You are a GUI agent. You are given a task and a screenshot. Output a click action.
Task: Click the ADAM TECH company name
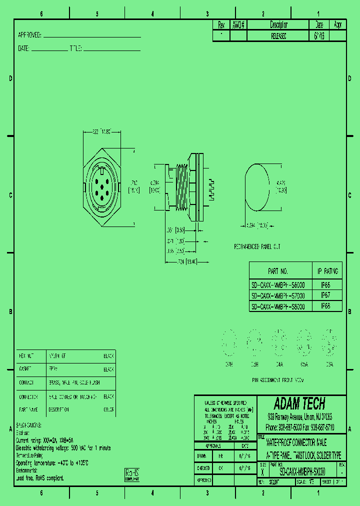tap(299, 403)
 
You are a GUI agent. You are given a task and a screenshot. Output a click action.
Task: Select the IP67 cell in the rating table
tap(325, 295)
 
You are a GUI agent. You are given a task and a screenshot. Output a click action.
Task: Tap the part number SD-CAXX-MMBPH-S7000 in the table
tap(278, 295)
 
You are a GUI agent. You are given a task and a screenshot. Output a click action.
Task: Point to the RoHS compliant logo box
tap(132, 474)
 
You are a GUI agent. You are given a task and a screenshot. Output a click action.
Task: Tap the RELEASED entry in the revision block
tap(278, 36)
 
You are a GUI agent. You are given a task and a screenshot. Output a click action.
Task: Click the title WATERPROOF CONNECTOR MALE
tap(296, 442)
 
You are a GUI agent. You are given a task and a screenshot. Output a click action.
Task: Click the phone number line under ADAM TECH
tap(299, 427)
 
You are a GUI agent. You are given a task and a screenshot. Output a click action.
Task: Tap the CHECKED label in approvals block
tap(203, 468)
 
